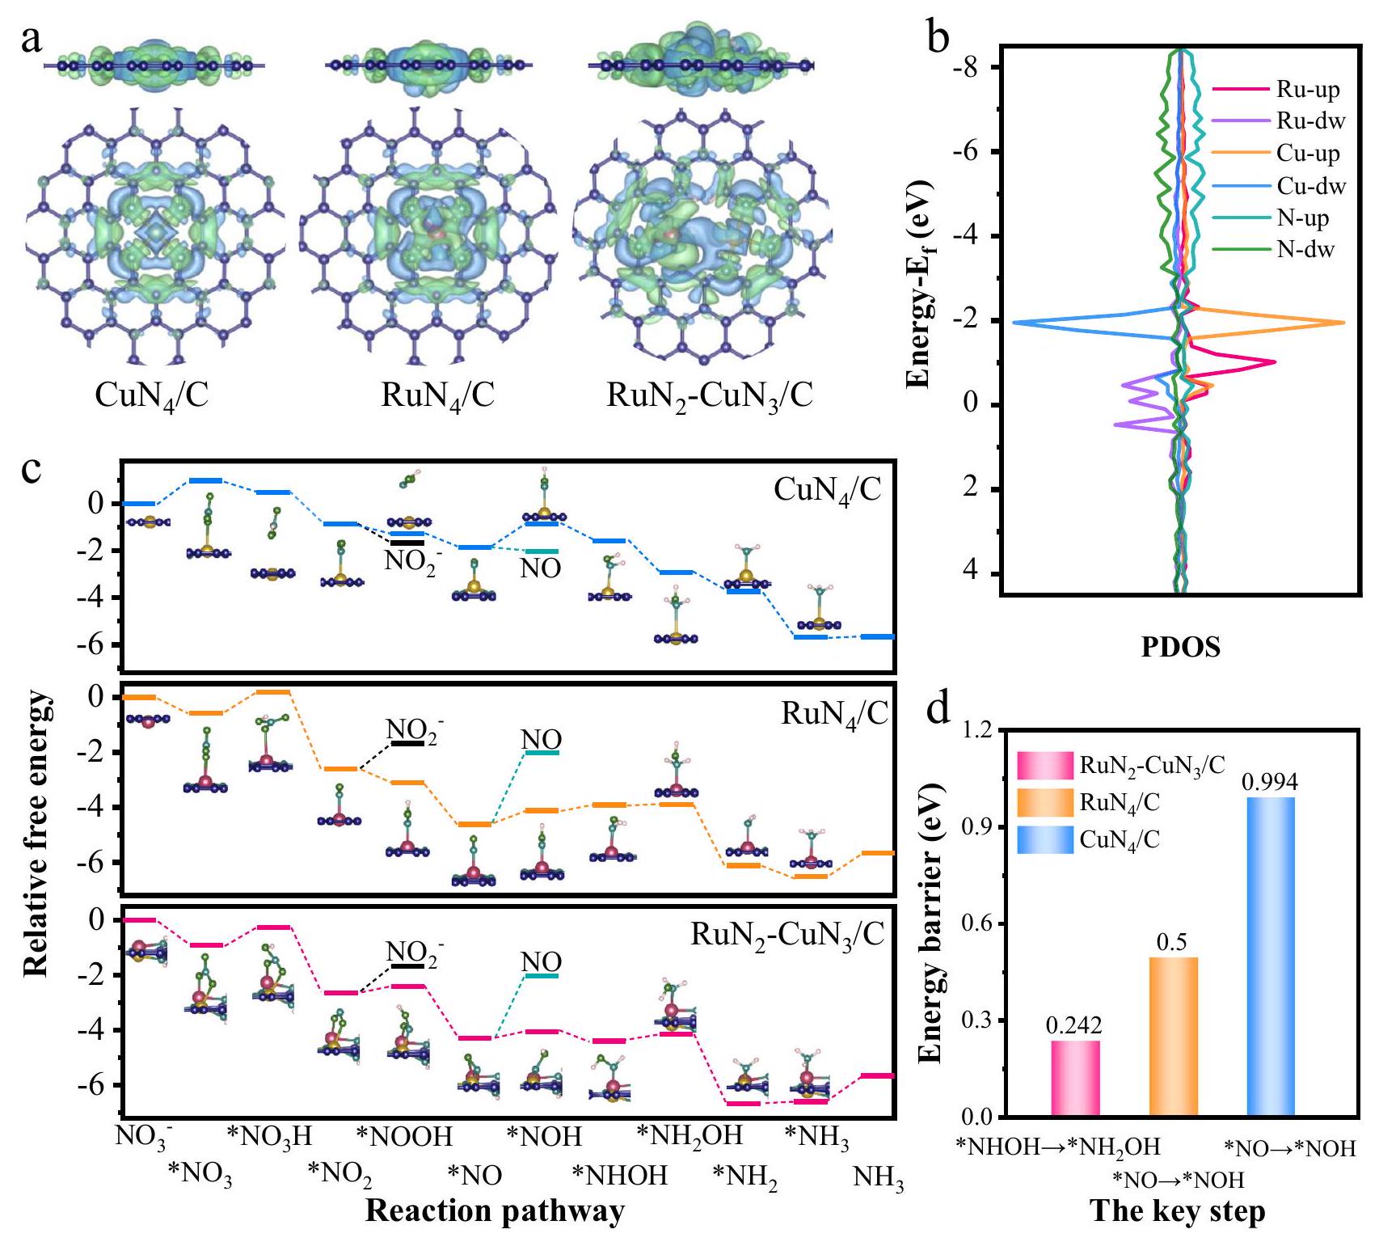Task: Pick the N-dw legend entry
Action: click(1305, 249)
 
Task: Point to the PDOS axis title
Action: click(1180, 648)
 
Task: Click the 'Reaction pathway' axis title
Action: click(495, 1210)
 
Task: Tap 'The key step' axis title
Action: click(1178, 1211)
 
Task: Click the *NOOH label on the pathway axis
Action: click(404, 1136)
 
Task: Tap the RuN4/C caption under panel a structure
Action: click(437, 396)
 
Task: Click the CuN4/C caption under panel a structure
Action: click(151, 396)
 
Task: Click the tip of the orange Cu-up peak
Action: click(1343, 323)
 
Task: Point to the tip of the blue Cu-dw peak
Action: click(1014, 323)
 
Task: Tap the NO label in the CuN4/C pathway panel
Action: click(540, 568)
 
